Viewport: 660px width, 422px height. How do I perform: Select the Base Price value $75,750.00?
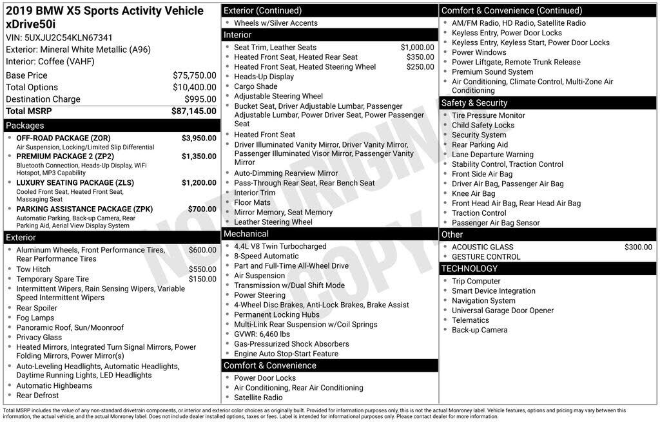tap(194, 75)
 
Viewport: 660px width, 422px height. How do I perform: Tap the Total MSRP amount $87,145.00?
tap(193, 111)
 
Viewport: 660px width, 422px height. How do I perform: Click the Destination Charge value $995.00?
tap(200, 99)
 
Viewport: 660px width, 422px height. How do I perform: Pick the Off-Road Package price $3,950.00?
tap(199, 139)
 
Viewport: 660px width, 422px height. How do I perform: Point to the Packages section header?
tap(25, 126)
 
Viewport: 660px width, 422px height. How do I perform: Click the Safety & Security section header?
tap(474, 103)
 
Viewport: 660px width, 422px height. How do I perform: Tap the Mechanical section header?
tap(246, 234)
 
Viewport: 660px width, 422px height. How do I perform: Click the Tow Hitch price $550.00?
tap(202, 269)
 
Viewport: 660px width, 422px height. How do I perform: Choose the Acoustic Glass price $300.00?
tap(638, 247)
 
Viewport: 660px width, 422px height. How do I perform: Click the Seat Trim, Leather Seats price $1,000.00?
tap(417, 47)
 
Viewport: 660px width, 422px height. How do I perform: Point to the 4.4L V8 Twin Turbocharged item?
tap(280, 246)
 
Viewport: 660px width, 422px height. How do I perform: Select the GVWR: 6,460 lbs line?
tap(262, 334)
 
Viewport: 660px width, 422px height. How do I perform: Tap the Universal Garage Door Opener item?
tap(503, 311)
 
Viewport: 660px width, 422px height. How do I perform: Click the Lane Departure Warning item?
tap(492, 155)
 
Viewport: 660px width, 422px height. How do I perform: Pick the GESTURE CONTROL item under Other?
tap(486, 256)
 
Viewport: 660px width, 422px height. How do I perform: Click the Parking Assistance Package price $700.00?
tap(202, 209)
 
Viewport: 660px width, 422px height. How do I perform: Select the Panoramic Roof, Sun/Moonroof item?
tap(70, 327)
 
